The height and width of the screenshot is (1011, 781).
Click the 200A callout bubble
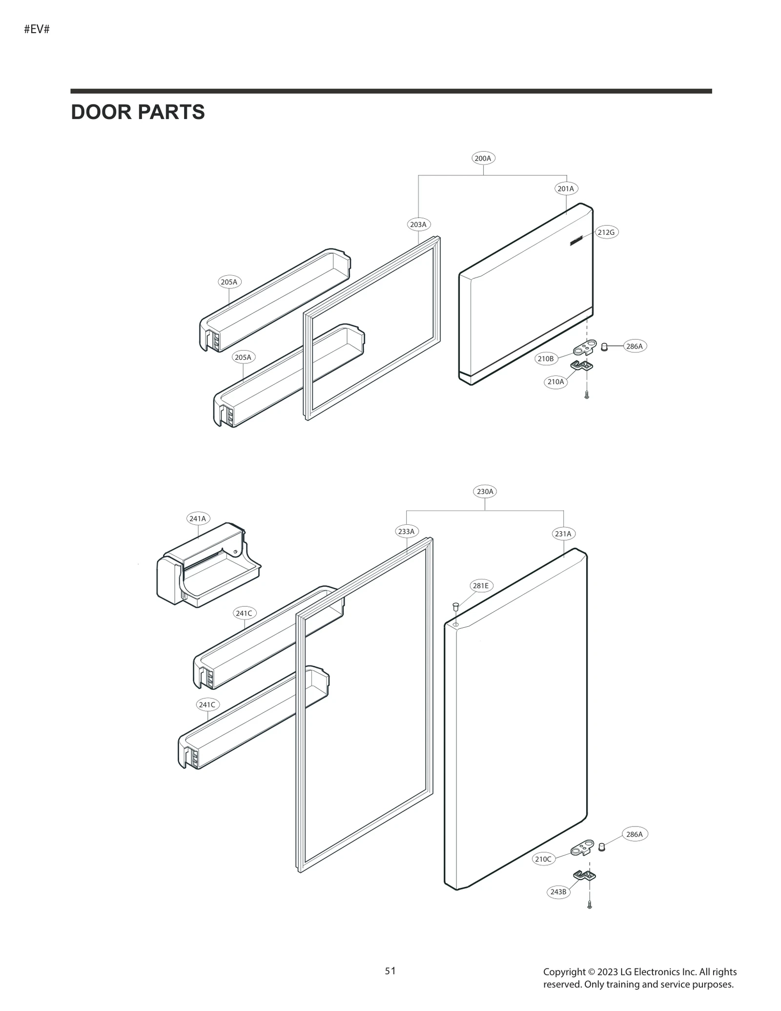[483, 158]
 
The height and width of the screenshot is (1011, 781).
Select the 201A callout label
[566, 188]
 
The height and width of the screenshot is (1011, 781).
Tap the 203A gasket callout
[418, 225]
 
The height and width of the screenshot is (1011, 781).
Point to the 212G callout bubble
[606, 232]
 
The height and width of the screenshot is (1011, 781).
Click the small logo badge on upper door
[576, 240]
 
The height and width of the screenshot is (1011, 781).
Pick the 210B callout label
[546, 359]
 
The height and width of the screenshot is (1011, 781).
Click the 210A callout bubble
[555, 382]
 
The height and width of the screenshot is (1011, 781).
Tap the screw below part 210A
[587, 395]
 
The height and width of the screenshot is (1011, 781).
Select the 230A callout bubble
[485, 492]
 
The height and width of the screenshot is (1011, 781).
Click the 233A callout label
[406, 531]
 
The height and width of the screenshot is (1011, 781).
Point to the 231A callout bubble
[563, 534]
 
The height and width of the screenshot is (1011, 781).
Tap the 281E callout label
[481, 585]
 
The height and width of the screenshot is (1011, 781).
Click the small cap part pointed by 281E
[455, 606]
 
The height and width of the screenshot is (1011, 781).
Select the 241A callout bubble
[198, 518]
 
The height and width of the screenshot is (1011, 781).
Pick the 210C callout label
[543, 859]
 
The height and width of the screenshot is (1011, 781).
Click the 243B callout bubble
[558, 892]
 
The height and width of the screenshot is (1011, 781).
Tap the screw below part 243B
[590, 905]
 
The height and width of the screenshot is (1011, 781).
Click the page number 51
[390, 971]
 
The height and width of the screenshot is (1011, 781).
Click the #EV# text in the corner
[37, 29]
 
